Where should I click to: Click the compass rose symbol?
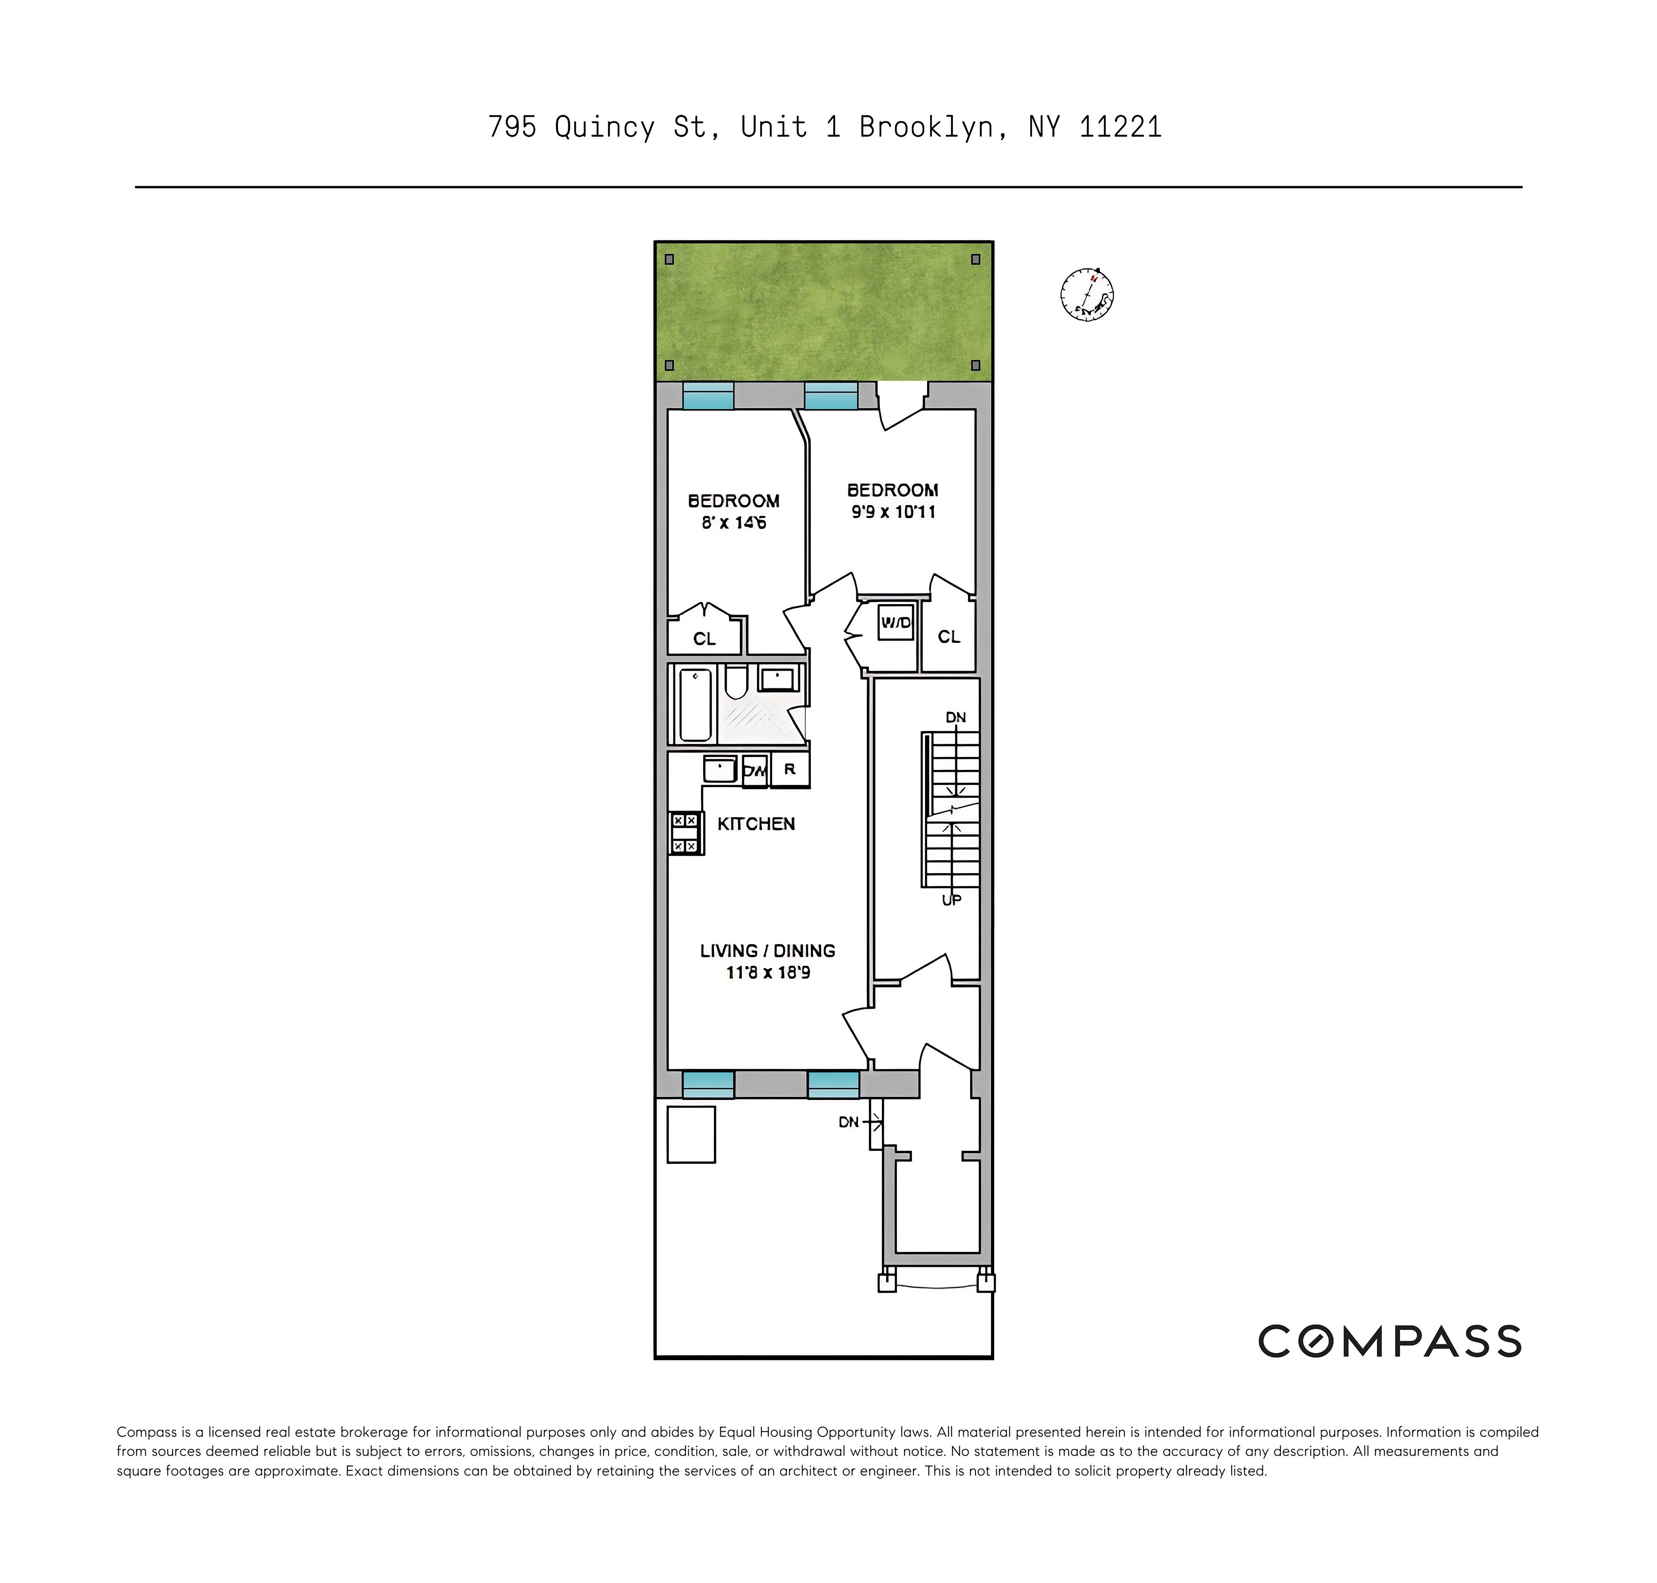tap(1087, 295)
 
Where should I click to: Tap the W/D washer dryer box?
tap(895, 623)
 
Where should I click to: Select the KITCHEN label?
tap(756, 823)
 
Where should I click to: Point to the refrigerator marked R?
tap(790, 770)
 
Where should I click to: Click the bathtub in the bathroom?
tap(695, 704)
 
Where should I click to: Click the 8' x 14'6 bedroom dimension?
tap(733, 522)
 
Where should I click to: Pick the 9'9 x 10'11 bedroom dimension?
tap(893, 511)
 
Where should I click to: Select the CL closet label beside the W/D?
tap(948, 637)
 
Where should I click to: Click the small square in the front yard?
tap(691, 1135)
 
